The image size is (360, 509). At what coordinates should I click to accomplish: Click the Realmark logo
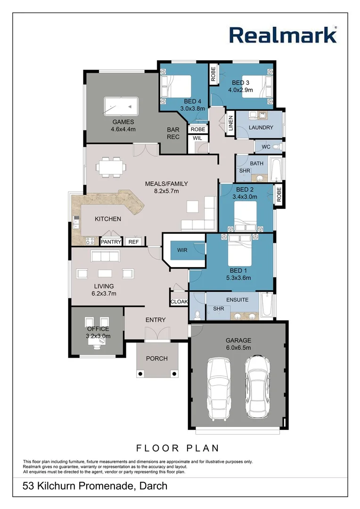pyautogui.click(x=283, y=35)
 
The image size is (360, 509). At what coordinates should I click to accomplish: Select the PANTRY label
pyautogui.click(x=111, y=242)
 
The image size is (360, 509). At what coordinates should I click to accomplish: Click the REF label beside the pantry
pyautogui.click(x=134, y=242)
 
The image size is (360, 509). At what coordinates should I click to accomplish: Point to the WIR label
pyautogui.click(x=182, y=250)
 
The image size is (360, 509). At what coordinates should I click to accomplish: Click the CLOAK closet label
pyautogui.click(x=179, y=302)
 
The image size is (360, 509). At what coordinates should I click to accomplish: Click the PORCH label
pyautogui.click(x=157, y=359)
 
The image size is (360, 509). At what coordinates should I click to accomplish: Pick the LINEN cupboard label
pyautogui.click(x=230, y=123)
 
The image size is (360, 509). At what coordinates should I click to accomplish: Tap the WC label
pyautogui.click(x=266, y=147)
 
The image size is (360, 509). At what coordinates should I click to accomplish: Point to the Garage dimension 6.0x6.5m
pyautogui.click(x=238, y=348)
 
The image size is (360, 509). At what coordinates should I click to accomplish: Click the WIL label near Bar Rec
pyautogui.click(x=197, y=138)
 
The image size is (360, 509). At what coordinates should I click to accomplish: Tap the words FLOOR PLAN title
pyautogui.click(x=178, y=448)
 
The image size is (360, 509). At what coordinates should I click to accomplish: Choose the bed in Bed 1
pyautogui.click(x=241, y=253)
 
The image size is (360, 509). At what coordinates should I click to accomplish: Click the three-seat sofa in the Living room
pyautogui.click(x=105, y=256)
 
